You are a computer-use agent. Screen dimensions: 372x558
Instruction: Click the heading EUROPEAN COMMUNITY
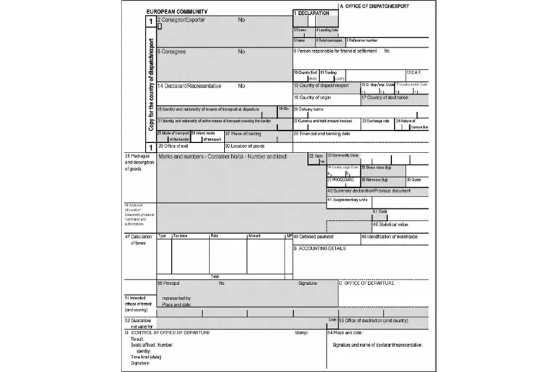177,12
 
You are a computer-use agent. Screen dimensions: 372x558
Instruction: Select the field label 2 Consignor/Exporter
181,20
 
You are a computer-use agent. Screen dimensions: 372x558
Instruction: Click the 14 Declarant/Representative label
189,86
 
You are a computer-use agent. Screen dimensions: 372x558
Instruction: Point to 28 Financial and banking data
322,133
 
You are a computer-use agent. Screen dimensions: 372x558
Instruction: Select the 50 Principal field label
169,283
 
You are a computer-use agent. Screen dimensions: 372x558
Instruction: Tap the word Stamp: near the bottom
301,332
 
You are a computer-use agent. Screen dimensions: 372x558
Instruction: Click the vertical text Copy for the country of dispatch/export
151,83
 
